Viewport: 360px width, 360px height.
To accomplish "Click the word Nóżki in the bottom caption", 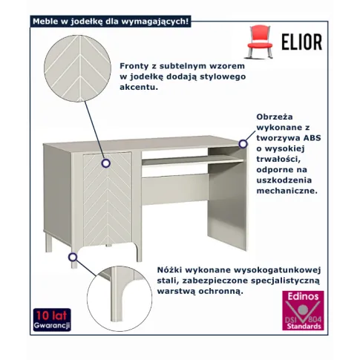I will click(168, 271).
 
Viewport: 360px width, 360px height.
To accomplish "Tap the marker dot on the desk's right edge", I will click(243, 143).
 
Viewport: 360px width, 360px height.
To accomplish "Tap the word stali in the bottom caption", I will click(168, 281).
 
